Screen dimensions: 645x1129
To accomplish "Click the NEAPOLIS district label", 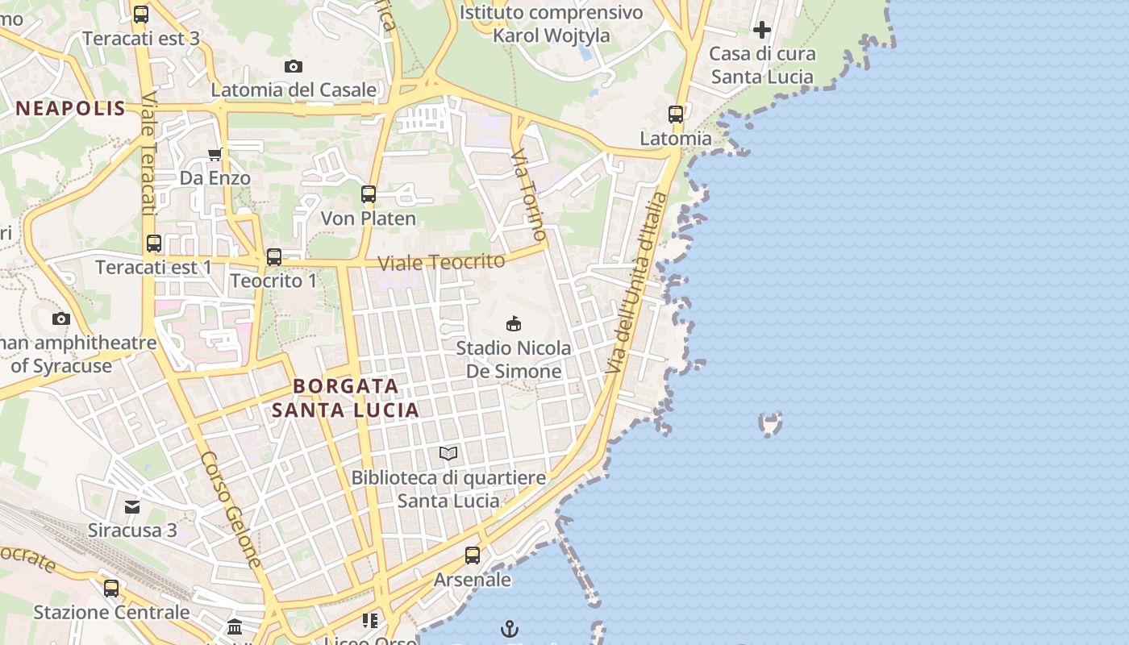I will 71,109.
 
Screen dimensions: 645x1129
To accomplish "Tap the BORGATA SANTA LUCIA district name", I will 345,397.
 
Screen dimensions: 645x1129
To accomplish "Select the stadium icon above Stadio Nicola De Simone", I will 513,324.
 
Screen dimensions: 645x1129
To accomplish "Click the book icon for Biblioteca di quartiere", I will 448,454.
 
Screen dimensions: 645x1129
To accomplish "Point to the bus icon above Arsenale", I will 473,556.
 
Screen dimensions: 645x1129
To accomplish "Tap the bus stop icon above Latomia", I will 676,114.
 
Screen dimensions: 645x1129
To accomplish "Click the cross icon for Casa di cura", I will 761,31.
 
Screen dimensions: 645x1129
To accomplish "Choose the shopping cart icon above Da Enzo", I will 215,154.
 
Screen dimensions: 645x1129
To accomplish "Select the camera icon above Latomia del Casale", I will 294,66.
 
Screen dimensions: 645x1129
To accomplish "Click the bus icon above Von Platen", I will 369,194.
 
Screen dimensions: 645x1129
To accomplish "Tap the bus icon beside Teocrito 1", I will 274,257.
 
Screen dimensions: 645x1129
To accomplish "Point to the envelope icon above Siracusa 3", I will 132,506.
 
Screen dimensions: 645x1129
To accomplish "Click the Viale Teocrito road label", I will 441,262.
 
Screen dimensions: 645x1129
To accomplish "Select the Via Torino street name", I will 529,194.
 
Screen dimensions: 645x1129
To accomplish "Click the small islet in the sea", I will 771,423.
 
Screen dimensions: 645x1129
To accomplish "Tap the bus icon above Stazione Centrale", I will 111,589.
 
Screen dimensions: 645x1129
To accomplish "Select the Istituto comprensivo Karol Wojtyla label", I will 552,24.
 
